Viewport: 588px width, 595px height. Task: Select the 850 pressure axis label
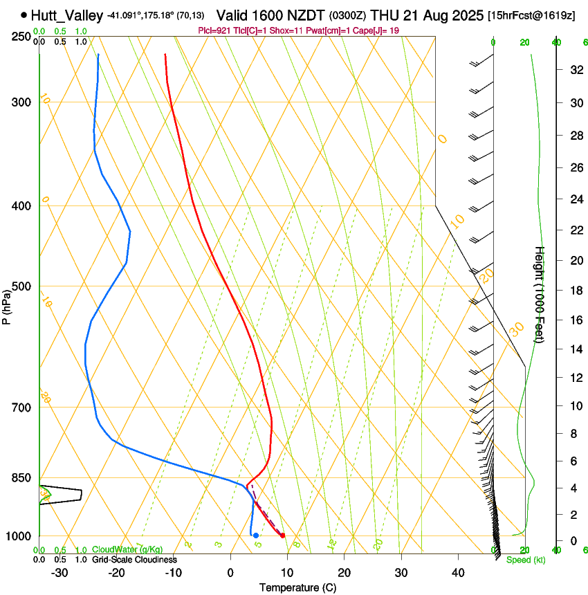[x=21, y=478]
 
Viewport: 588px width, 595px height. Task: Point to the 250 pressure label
[x=21, y=36]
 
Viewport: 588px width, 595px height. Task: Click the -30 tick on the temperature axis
[x=59, y=572]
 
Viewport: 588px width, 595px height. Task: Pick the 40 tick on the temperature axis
[x=458, y=572]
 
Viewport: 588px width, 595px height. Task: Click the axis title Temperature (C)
[x=297, y=587]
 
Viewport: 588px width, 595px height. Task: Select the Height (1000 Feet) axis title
[x=540, y=294]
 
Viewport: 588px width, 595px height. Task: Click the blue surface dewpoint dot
[x=256, y=535]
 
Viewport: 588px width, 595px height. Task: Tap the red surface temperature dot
[x=282, y=535]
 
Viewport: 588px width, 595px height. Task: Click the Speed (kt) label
[x=525, y=560]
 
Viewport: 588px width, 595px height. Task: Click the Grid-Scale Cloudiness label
[x=134, y=560]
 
